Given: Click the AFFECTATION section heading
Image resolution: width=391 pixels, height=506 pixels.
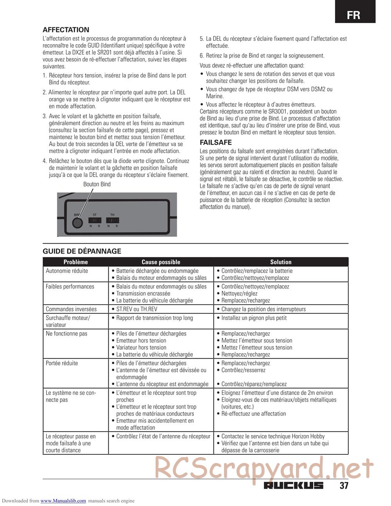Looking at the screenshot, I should [x=66, y=30].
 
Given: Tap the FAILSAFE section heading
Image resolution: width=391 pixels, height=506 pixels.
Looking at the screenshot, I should [x=216, y=143].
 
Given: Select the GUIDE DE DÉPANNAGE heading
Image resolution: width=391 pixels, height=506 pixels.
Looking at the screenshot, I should [x=82, y=251].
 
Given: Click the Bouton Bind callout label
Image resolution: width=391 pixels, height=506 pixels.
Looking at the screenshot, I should [x=97, y=184].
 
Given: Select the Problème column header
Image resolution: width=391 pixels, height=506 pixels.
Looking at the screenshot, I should [x=75, y=262].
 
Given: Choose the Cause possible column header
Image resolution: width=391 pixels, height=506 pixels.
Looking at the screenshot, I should [x=161, y=262].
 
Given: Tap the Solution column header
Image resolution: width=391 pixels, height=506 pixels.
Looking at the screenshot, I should [x=281, y=262].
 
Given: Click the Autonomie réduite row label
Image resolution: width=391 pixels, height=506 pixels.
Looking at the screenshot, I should [x=67, y=271].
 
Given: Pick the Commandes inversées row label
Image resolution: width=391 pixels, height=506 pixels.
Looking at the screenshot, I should [x=71, y=309].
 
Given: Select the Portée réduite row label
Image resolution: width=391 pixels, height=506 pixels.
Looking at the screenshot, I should [x=62, y=363].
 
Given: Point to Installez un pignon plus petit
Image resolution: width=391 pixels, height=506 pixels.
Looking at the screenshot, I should [x=254, y=318].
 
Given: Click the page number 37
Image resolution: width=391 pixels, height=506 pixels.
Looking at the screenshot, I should [x=344, y=486].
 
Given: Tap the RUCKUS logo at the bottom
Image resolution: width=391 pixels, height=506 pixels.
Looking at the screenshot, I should [x=294, y=486].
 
